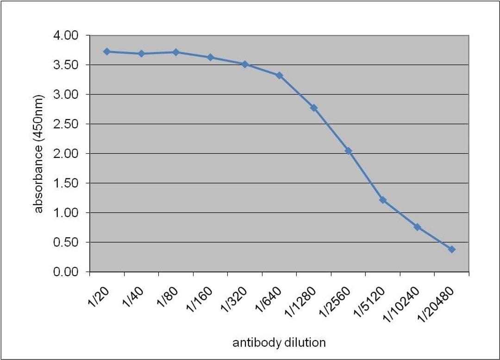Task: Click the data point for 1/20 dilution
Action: point(107,51)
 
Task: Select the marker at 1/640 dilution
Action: point(279,75)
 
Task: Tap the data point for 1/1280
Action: point(314,107)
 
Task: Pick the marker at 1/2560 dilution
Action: point(348,151)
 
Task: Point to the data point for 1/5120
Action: point(383,200)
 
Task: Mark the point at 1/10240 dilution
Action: point(417,227)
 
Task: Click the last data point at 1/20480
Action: point(451,249)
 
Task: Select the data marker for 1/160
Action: point(210,57)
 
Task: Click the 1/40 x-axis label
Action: point(133,297)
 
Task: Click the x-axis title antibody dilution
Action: point(279,343)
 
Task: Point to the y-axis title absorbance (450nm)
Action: point(38,154)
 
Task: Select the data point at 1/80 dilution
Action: point(176,52)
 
